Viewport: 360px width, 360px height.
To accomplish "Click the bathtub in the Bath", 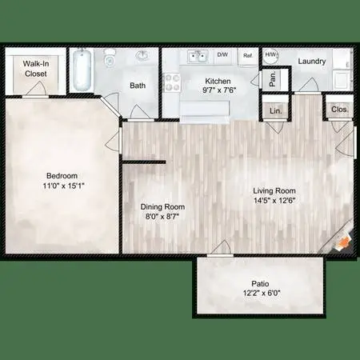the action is point(82,70).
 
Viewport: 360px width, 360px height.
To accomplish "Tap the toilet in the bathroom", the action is point(110,58).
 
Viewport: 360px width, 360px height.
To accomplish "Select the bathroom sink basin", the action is point(143,55).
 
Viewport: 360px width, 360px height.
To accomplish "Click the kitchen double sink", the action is point(198,57).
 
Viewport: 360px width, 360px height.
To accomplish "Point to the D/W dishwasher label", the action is point(222,54).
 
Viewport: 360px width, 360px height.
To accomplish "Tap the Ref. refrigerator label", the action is point(248,56).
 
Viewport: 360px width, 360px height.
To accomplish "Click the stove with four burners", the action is point(172,82).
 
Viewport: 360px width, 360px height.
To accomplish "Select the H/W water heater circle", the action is point(271,55).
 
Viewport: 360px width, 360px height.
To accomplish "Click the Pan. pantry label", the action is point(273,78).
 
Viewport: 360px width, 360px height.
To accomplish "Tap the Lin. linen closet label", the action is point(275,110).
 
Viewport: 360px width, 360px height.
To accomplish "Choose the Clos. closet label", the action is point(340,110).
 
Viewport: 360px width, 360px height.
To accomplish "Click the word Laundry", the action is point(312,62).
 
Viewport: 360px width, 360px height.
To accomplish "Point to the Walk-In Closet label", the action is point(36,69).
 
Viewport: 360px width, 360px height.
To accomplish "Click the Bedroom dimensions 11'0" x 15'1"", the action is point(63,186).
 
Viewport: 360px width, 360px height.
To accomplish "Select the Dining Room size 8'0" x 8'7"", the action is point(162,216).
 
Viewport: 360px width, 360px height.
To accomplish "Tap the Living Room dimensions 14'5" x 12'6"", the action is point(274,201).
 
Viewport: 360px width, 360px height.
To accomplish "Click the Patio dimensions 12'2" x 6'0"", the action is point(262,294).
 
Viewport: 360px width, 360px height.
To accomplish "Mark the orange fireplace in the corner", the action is point(345,242).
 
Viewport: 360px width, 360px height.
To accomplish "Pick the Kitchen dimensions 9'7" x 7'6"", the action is point(219,90).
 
